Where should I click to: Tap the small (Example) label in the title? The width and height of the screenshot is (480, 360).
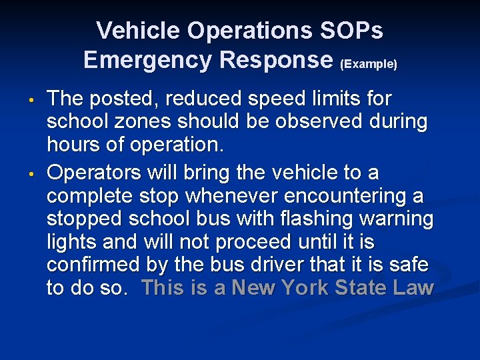[x=369, y=65]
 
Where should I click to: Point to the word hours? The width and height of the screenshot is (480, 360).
[x=71, y=145]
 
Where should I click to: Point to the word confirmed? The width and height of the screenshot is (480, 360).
[x=93, y=265]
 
